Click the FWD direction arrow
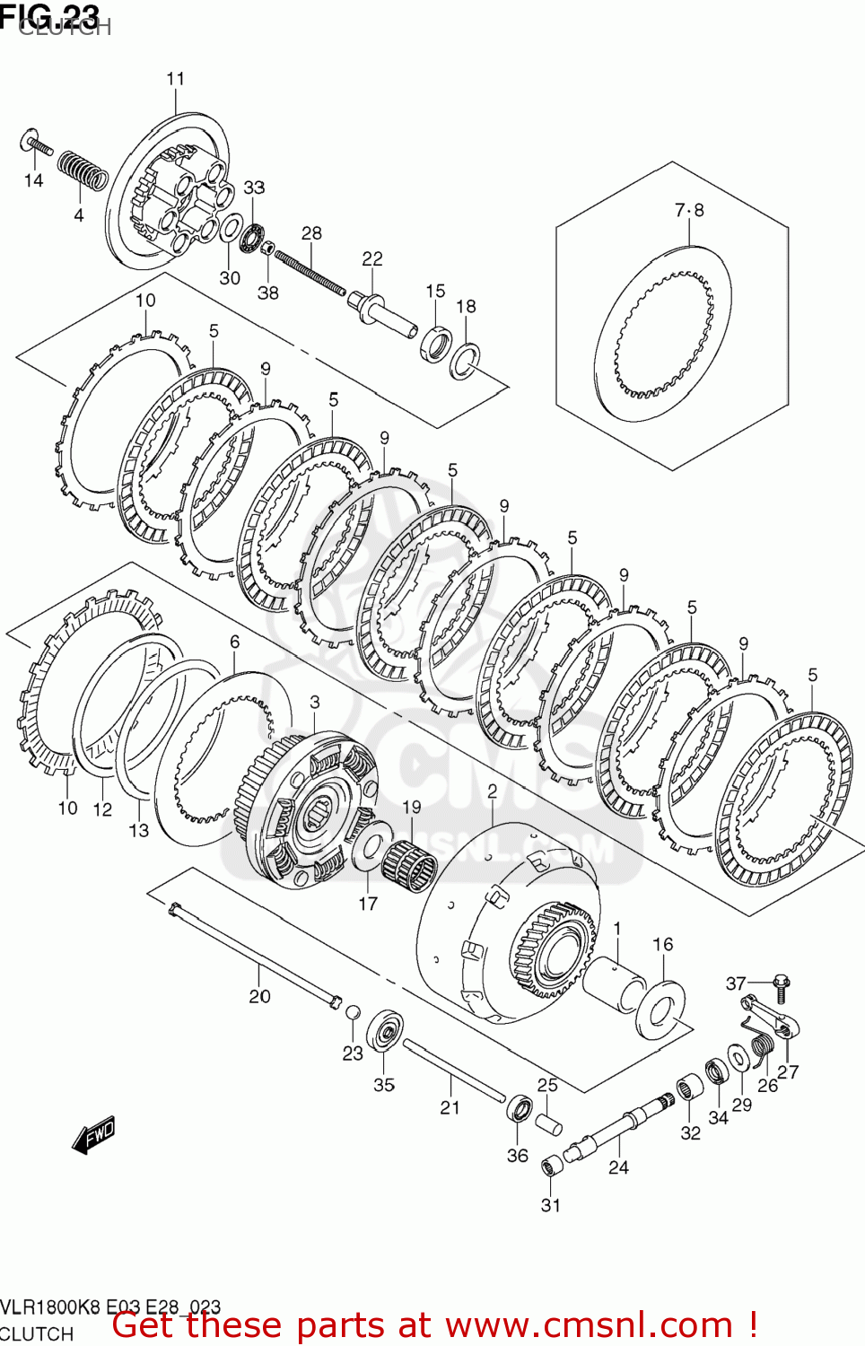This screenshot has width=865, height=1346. click(x=94, y=1135)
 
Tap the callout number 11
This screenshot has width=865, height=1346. click(x=175, y=79)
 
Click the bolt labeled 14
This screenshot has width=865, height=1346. click(x=37, y=143)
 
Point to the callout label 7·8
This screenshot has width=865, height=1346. click(x=689, y=210)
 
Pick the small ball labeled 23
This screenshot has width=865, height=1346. click(x=354, y=1012)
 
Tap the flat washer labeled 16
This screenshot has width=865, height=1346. click(x=660, y=1010)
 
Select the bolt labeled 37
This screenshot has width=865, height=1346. click(x=781, y=987)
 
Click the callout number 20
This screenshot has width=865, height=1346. click(x=259, y=996)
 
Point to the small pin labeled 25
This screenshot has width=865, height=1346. click(x=548, y=1123)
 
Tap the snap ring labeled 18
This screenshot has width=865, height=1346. click(x=464, y=361)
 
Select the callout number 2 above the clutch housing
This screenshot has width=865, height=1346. click(x=492, y=791)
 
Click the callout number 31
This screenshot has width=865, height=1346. click(x=550, y=1205)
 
